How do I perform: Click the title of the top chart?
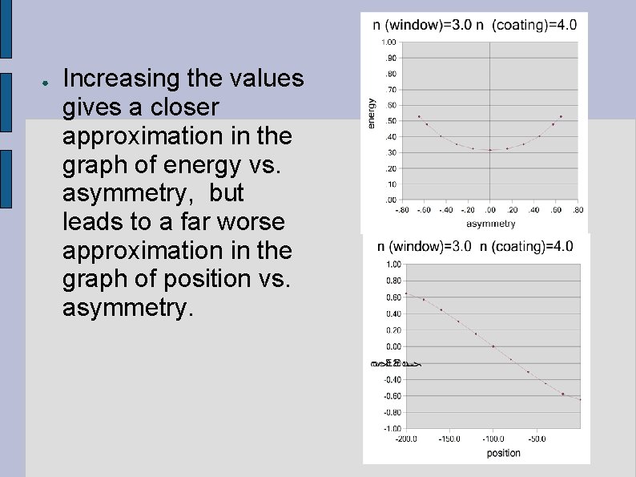click(475, 25)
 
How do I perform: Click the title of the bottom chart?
click(475, 246)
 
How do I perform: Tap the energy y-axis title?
click(371, 113)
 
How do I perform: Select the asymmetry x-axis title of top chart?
click(490, 224)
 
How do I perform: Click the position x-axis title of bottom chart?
click(503, 453)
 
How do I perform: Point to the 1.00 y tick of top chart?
click(388, 42)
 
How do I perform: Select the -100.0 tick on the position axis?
click(493, 439)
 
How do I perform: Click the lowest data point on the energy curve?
click(490, 150)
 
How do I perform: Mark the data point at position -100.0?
click(493, 346)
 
